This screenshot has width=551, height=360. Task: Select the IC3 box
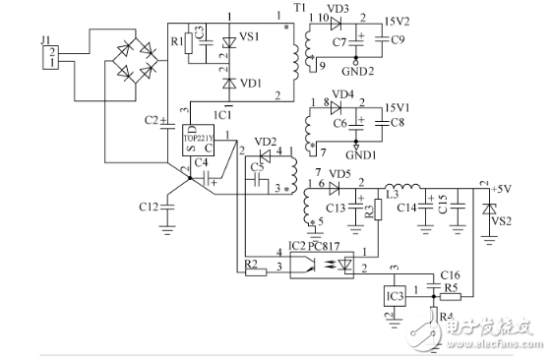point(395,295)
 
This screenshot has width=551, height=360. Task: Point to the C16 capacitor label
point(450,276)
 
